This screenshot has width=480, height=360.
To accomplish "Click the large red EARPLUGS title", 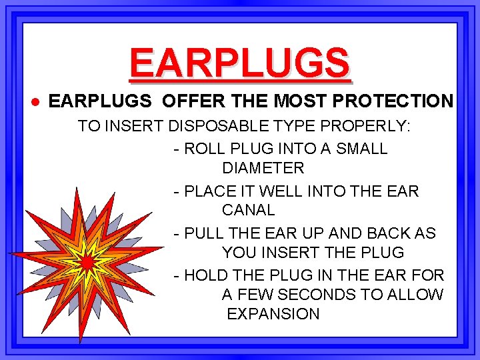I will (239, 62).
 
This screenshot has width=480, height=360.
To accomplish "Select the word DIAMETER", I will (263, 168).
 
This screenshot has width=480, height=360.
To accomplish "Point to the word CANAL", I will (248, 210).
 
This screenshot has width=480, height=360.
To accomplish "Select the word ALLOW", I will (418, 295).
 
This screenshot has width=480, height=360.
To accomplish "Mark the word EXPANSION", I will (273, 314).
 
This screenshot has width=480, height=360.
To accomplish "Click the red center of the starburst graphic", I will (86, 262).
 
